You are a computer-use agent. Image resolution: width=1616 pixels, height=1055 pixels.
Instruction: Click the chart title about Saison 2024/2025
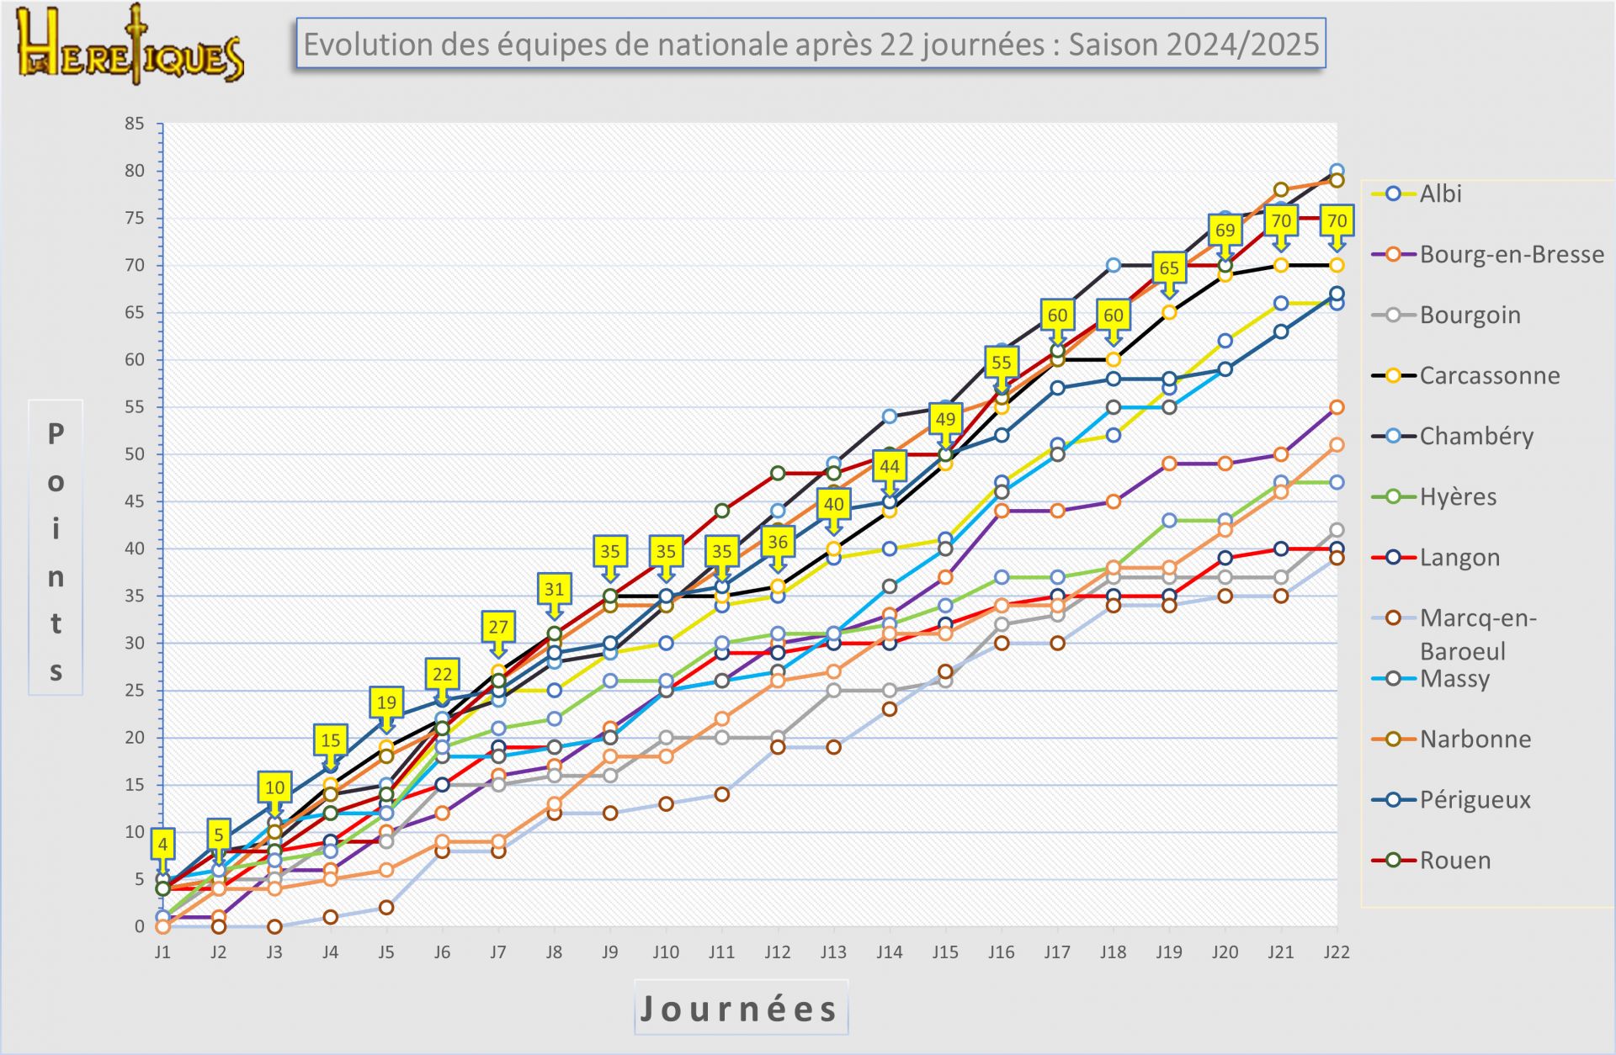811,44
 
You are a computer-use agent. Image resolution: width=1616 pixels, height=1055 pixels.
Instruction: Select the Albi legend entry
1440,194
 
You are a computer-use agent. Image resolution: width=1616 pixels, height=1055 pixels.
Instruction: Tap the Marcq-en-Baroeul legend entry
1478,634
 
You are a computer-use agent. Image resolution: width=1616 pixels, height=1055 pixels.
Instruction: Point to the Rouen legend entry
1454,860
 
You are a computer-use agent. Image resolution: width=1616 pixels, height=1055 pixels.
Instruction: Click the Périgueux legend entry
1475,799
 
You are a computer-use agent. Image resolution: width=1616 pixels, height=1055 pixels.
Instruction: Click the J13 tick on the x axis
833,952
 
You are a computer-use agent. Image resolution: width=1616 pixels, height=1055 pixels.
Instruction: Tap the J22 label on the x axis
1337,952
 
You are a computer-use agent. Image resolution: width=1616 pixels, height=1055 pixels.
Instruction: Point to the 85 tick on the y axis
135,124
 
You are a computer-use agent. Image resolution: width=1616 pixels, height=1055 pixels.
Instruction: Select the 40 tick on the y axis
135,549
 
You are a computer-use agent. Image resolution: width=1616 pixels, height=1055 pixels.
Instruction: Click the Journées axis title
740,1008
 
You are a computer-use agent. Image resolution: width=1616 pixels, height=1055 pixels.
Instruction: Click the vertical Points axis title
56,548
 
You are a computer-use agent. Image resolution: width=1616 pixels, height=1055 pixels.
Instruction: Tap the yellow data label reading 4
162,844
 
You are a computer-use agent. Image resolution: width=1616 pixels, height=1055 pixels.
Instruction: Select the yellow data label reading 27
498,627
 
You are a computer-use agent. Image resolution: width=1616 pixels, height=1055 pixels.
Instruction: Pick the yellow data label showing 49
945,419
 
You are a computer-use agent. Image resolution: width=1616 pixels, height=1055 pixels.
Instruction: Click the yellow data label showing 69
1225,231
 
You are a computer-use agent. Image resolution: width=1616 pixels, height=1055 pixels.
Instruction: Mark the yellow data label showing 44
890,466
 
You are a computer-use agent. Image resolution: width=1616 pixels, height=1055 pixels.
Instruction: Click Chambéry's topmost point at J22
1337,171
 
